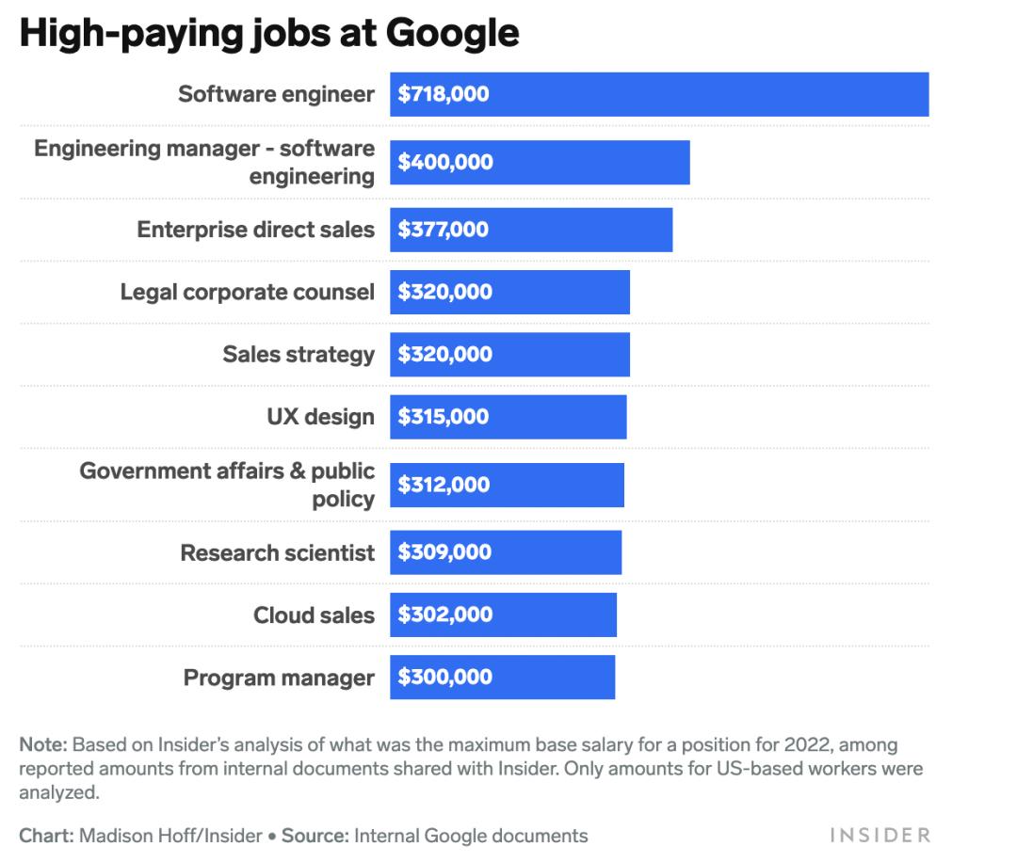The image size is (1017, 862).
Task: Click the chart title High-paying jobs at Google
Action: tap(269, 33)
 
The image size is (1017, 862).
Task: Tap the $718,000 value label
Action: tap(443, 94)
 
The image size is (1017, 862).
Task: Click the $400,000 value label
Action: tap(444, 162)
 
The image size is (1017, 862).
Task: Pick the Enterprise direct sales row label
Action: tap(255, 230)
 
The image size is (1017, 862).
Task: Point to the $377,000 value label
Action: tap(443, 230)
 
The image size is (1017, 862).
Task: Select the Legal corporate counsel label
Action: tap(247, 292)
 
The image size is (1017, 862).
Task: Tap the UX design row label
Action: tap(320, 417)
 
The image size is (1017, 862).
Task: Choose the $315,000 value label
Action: tap(443, 417)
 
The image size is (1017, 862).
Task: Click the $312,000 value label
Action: tap(443, 485)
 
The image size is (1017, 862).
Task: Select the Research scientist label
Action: tap(277, 552)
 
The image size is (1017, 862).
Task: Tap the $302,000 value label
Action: tap(444, 615)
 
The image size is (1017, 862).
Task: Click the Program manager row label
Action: tap(279, 678)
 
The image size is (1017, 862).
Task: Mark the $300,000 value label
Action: tap(444, 678)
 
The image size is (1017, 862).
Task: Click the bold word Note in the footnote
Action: tap(42, 744)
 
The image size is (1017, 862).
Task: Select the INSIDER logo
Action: tap(880, 836)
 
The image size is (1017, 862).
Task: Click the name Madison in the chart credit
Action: tap(114, 836)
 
